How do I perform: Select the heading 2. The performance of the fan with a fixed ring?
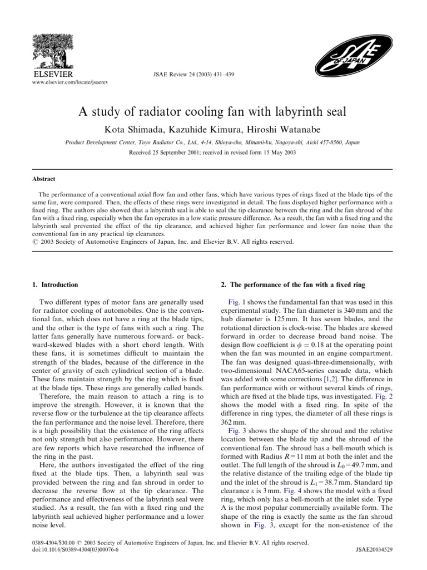point(292,285)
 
